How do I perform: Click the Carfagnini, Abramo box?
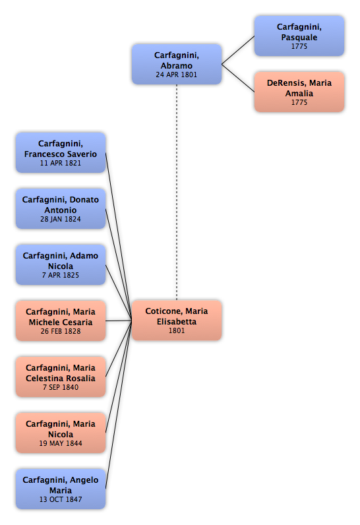pos(177,64)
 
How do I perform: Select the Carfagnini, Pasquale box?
pos(299,36)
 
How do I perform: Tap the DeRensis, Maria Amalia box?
pos(299,92)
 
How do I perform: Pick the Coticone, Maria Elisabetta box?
pos(177,321)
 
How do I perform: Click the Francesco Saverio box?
pos(61,152)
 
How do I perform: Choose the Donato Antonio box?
pos(61,208)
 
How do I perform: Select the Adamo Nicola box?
pos(61,265)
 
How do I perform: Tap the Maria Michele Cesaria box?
pos(61,321)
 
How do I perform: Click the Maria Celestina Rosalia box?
pos(61,377)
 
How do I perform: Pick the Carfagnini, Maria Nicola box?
pos(61,433)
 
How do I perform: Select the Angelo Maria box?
pos(61,489)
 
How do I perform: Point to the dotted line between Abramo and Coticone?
pos(177,192)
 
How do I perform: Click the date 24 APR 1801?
pos(176,75)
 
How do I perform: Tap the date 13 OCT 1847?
pos(61,499)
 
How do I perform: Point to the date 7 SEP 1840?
pos(61,387)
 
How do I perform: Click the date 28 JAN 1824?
pos(61,219)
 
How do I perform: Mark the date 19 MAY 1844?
pos(61,443)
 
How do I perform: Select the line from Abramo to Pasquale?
pos(238,50)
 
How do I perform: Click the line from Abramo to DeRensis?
pos(238,78)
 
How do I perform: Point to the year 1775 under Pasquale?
pos(299,46)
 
